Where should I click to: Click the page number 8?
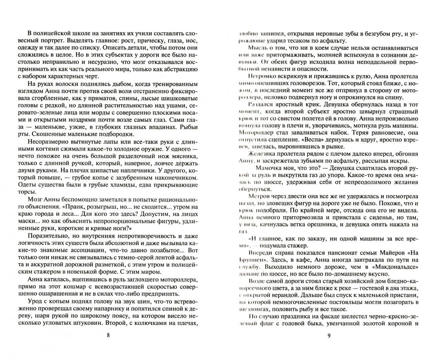pyautogui.click(x=108, y=335)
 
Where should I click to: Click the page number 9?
pyautogui.click(x=329, y=335)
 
